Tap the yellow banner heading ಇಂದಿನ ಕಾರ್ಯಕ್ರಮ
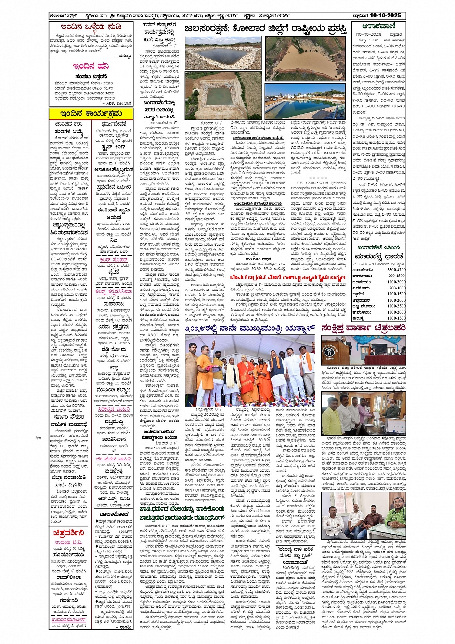(x=91, y=114)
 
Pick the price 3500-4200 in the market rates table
(x=396, y=270)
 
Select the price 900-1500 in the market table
(x=397, y=276)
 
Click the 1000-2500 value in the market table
(x=396, y=306)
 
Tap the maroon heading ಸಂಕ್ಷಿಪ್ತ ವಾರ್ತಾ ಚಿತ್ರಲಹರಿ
(x=363, y=328)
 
